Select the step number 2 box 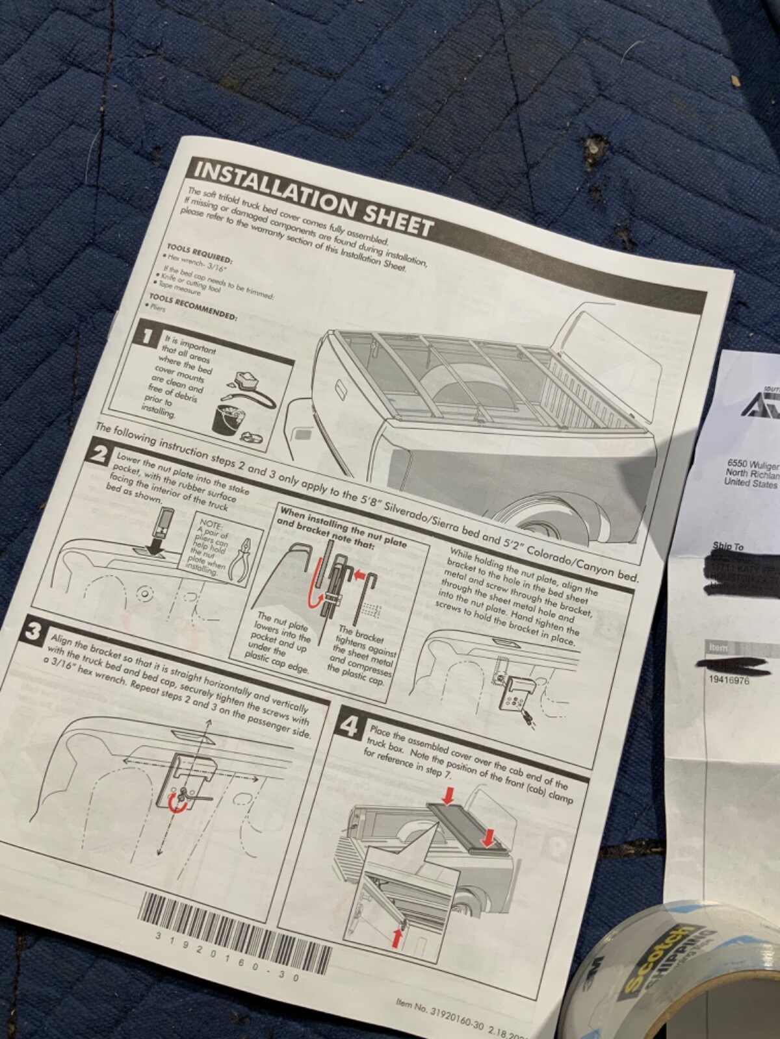99,453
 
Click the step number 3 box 32,631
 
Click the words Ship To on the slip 728,547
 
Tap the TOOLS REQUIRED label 199,255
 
